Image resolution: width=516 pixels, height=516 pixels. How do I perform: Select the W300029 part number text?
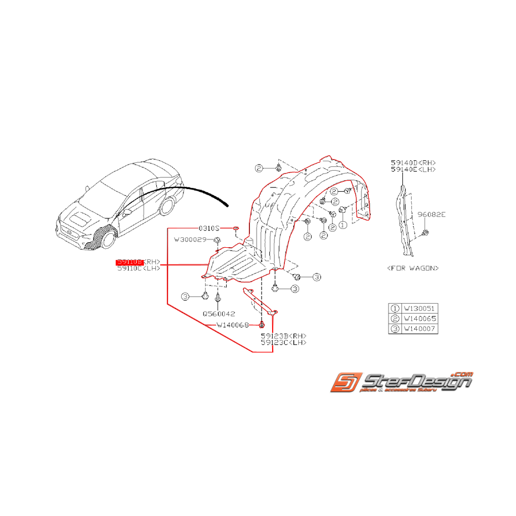pos(190,239)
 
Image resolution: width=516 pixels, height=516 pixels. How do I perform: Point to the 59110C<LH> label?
pos(138,268)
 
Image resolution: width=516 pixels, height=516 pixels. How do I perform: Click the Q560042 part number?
pos(218,313)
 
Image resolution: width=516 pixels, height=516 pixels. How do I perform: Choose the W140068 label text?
pos(233,325)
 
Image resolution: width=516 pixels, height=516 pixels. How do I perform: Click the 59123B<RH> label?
pos(283,336)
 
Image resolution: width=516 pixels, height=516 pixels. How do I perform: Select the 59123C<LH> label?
pos(283,343)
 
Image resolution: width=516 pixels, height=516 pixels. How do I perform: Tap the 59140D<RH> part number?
pos(413,162)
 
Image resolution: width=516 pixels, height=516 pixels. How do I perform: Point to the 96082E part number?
pos(431,213)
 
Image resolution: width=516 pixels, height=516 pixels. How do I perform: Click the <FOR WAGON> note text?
pos(413,268)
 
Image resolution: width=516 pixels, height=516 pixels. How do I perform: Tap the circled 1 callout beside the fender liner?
pos(342,225)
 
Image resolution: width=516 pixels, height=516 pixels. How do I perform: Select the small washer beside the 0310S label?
pos(236,228)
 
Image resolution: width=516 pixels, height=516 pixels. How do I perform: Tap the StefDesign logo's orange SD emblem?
pos(345,383)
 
